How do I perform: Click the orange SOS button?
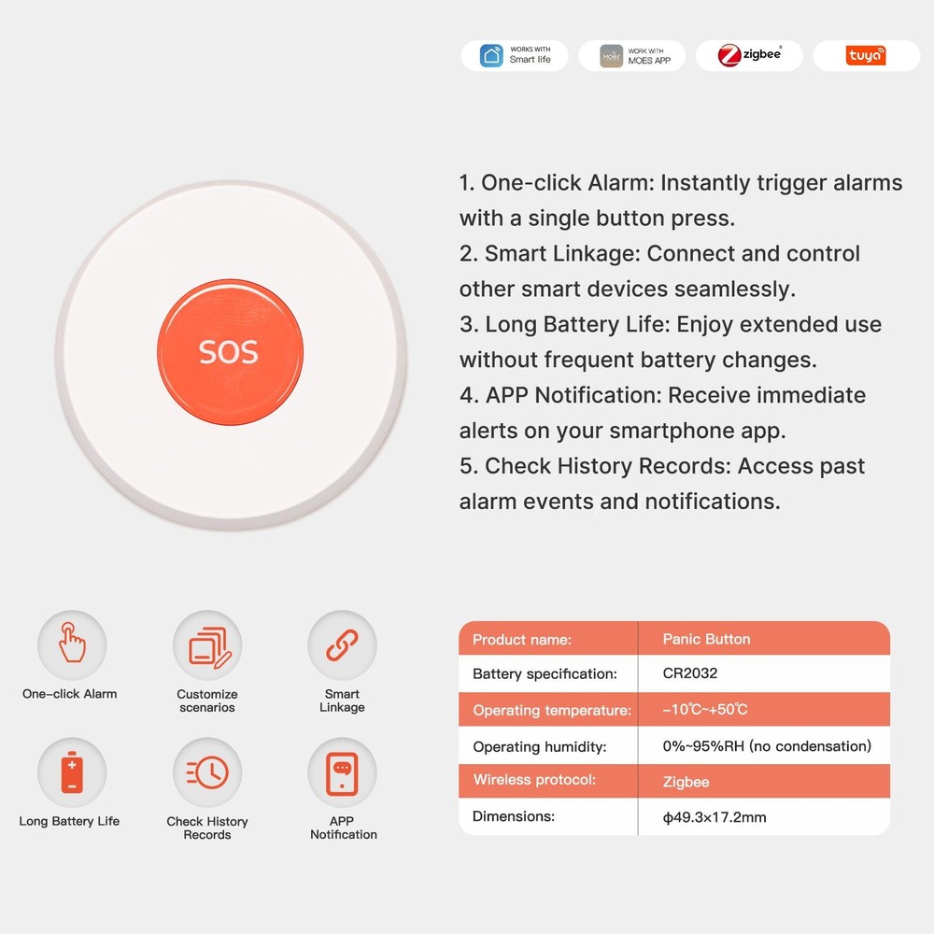[x=230, y=352]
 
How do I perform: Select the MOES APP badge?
[x=632, y=55]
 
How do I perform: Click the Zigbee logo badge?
[x=749, y=55]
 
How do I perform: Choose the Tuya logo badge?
[x=866, y=56]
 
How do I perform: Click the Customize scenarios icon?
[x=207, y=645]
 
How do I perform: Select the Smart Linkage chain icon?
[x=342, y=645]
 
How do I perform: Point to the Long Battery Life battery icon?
[x=72, y=772]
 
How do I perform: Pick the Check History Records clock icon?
[x=207, y=772]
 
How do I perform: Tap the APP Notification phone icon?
[x=342, y=772]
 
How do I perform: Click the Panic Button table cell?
[x=706, y=639]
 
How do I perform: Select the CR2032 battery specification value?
[x=689, y=673]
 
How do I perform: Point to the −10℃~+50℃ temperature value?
[x=705, y=710]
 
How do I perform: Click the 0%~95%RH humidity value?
[x=767, y=746]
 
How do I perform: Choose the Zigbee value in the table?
[x=686, y=782]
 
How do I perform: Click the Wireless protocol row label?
[x=534, y=780]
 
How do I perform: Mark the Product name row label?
[x=521, y=640]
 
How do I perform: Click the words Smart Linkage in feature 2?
[x=560, y=253]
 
